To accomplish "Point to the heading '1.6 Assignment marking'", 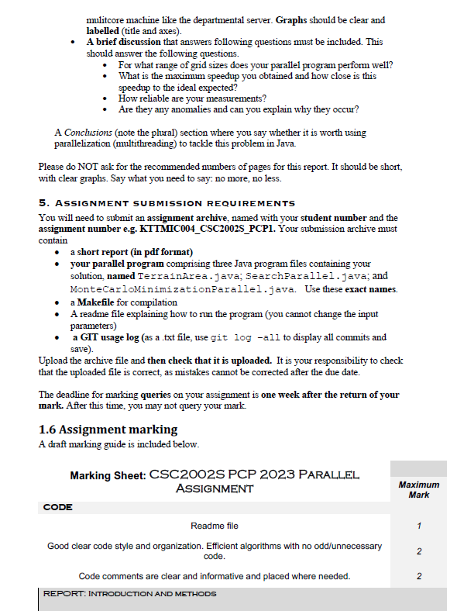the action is [x=108, y=430].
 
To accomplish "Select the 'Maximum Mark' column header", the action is [x=418, y=489].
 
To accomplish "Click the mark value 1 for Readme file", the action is [x=418, y=526].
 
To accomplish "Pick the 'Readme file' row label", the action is [x=214, y=526].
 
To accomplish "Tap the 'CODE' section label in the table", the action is [x=58, y=507].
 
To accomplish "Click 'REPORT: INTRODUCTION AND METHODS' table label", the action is [x=129, y=594].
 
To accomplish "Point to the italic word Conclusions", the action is [x=87, y=133].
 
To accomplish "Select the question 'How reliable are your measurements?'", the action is [x=192, y=98].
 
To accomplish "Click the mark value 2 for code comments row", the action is [x=418, y=576].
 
